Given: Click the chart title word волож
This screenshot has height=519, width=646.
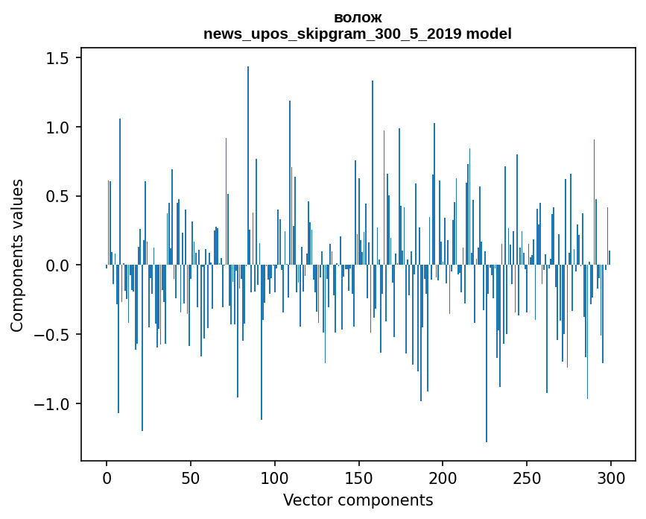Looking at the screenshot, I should click(x=358, y=18).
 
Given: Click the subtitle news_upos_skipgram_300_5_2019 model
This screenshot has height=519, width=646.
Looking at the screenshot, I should click(x=358, y=34).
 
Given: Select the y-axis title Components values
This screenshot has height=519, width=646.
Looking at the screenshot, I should click(x=17, y=255).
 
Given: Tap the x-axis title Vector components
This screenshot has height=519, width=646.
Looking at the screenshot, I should click(x=358, y=500).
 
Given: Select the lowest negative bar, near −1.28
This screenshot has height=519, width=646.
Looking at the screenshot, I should click(x=487, y=354).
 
